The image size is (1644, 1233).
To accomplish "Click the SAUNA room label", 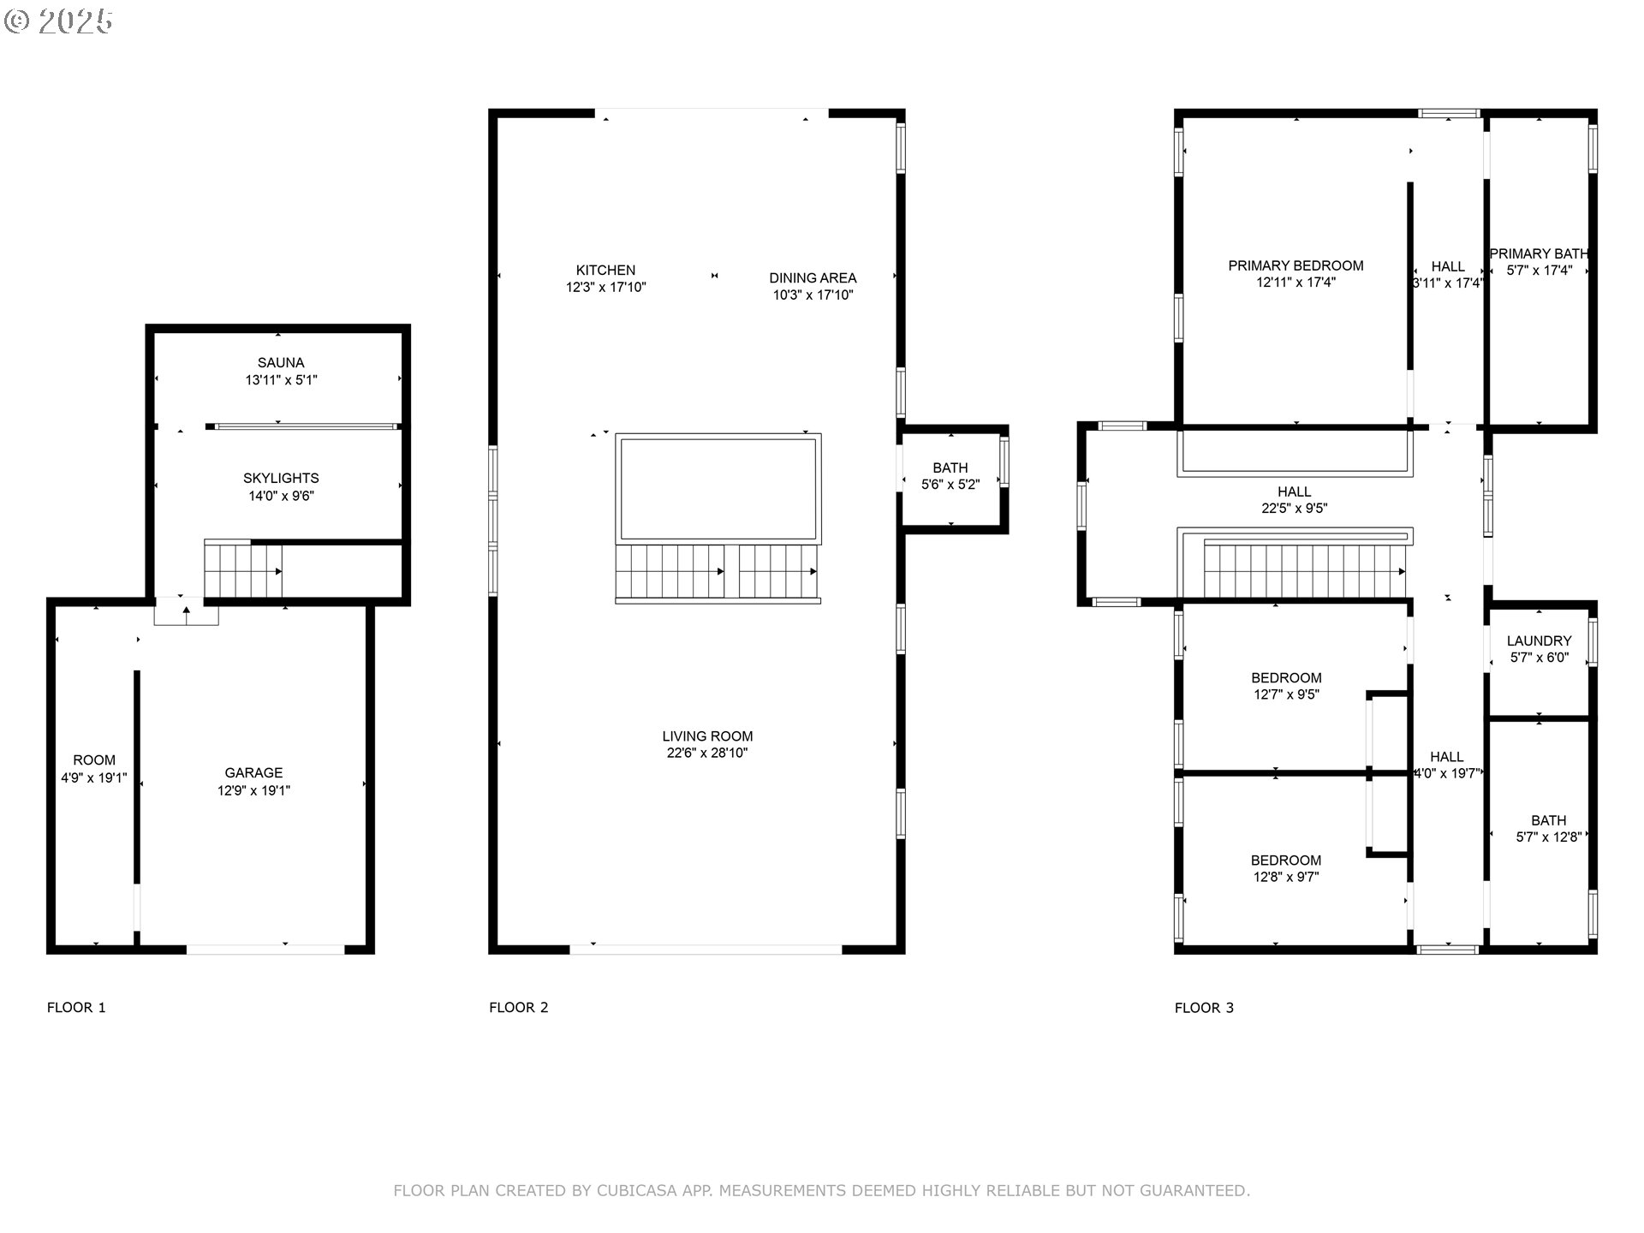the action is tap(281, 363).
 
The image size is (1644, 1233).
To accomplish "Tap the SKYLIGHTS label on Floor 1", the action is tap(281, 479).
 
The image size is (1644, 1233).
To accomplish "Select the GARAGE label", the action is tap(253, 773).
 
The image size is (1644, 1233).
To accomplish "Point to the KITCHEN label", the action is tap(605, 271).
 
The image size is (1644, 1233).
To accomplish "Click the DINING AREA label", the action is tap(813, 278).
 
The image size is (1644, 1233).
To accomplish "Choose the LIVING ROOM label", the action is tap(707, 736).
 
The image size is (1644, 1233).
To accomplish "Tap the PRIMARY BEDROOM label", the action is tap(1296, 266).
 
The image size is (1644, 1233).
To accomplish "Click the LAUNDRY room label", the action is tap(1539, 641).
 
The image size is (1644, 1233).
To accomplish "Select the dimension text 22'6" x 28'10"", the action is tap(707, 753).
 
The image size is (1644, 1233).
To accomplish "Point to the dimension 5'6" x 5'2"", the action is tap(950, 485).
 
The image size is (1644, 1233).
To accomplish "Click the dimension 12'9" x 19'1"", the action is tap(253, 790).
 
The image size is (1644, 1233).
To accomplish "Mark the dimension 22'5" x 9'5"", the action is tap(1294, 509).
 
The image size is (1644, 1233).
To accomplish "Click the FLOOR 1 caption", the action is tap(76, 1008).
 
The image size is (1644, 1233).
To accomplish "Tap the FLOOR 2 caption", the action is tap(518, 1008).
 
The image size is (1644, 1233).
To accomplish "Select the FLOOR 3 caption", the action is tap(1204, 1008).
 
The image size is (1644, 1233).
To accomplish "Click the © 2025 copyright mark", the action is tap(58, 21).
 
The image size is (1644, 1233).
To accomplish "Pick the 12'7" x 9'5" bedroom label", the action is tap(1286, 695).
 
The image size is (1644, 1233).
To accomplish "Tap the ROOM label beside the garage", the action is tap(94, 760).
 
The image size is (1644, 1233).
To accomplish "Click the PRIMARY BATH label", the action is tap(1539, 254).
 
